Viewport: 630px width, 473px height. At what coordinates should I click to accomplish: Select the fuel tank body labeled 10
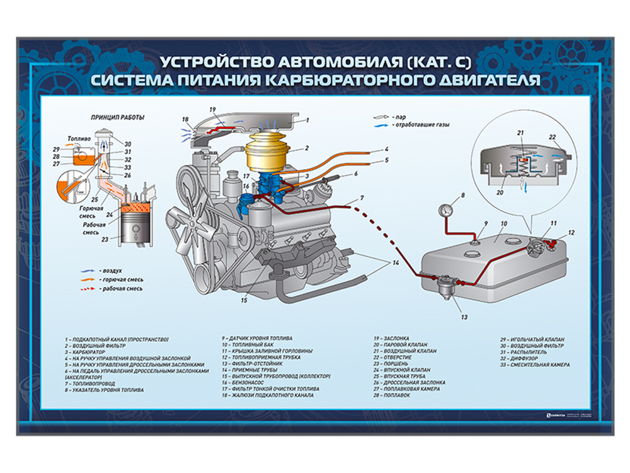[x=479, y=265]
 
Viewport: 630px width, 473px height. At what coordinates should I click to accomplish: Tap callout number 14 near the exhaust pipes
[x=396, y=262]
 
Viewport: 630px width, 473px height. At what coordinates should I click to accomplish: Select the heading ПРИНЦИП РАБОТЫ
[x=117, y=117]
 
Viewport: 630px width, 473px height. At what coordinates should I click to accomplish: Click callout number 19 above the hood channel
[x=212, y=109]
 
